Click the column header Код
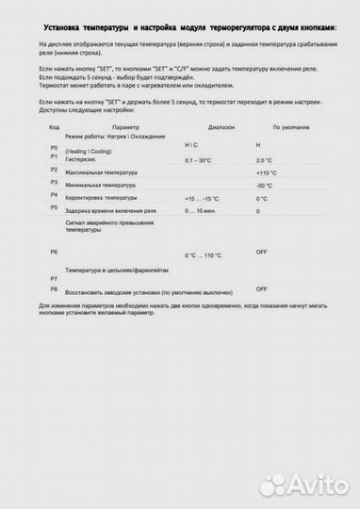(54, 125)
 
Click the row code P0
(53, 149)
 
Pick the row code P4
(53, 194)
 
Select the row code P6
(53, 253)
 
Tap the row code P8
(53, 289)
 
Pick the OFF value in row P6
(261, 252)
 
